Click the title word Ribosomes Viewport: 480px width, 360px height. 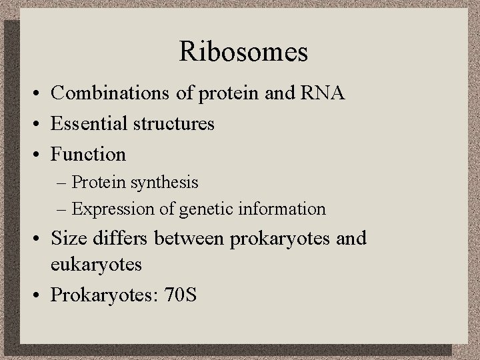[x=243, y=52]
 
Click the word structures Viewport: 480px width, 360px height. [x=172, y=123]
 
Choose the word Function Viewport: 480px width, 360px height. [x=89, y=154]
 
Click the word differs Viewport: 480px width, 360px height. [x=114, y=238]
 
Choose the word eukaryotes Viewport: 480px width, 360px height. [x=97, y=265]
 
